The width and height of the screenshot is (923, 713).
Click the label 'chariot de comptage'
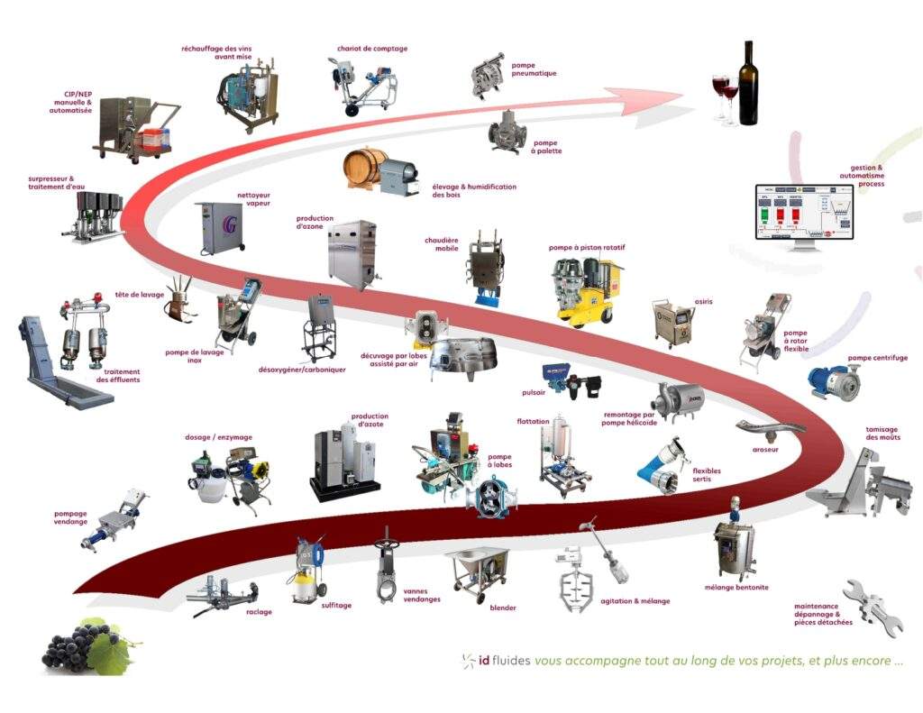click(x=372, y=49)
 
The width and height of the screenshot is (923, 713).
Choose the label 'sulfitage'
click(x=336, y=606)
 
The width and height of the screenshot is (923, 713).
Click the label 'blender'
click(x=503, y=608)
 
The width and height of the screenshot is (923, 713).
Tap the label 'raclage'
click(x=259, y=612)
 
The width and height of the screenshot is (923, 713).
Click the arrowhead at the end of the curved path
click(x=667, y=96)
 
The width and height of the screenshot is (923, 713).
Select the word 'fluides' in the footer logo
click(x=506, y=660)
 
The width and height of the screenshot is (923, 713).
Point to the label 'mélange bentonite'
click(x=736, y=588)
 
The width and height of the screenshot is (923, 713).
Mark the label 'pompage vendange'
click(x=70, y=517)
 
